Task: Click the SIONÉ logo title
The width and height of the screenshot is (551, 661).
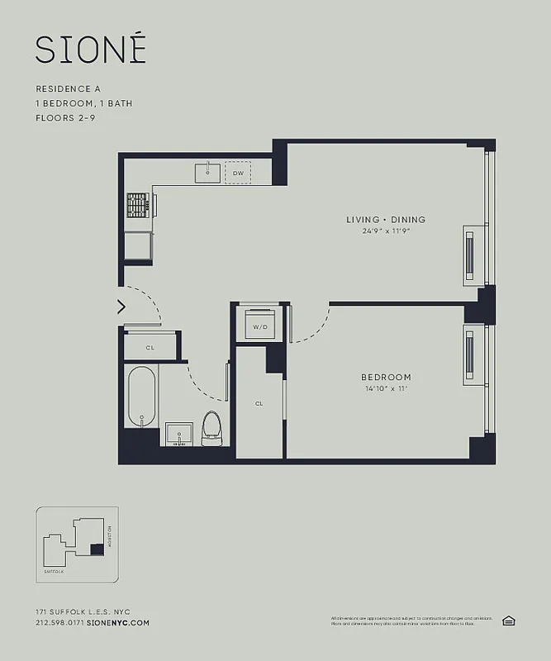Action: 91,50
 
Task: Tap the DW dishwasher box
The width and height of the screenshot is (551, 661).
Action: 238,173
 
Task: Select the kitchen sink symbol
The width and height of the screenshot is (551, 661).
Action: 207,173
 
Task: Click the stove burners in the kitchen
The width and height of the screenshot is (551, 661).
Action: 137,204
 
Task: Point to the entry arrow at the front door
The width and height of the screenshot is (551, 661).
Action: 121,307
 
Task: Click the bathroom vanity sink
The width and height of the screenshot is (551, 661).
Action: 179,433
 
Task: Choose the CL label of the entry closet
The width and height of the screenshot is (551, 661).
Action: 150,348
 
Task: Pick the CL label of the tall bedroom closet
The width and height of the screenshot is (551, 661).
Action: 259,403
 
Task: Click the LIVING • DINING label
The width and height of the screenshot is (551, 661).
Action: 386,219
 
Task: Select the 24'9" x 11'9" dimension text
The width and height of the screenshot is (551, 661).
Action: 386,231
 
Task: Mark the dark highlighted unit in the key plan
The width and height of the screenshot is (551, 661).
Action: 97,549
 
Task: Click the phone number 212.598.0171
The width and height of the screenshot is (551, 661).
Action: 59,622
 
